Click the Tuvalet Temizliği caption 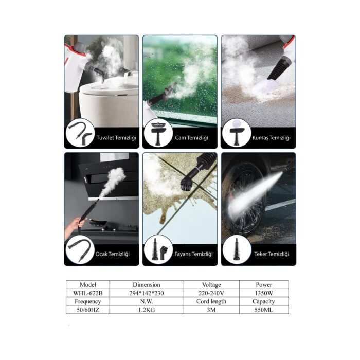[x=116, y=138]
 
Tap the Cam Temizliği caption [x=191, y=138]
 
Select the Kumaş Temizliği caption [x=272, y=138]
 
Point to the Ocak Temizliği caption [x=113, y=254]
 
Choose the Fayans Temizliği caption [x=193, y=254]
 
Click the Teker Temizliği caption [x=272, y=254]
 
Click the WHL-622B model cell [x=88, y=293]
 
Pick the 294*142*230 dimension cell [x=147, y=293]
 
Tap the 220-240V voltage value [x=211, y=293]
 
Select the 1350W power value [x=264, y=293]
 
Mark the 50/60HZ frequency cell [x=88, y=310]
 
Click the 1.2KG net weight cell [x=147, y=310]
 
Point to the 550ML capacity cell [x=264, y=310]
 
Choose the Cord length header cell [x=211, y=301]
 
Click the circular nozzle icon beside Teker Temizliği [x=237, y=249]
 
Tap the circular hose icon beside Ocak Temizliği [x=80, y=249]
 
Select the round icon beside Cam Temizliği [x=158, y=133]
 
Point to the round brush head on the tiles [x=187, y=184]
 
